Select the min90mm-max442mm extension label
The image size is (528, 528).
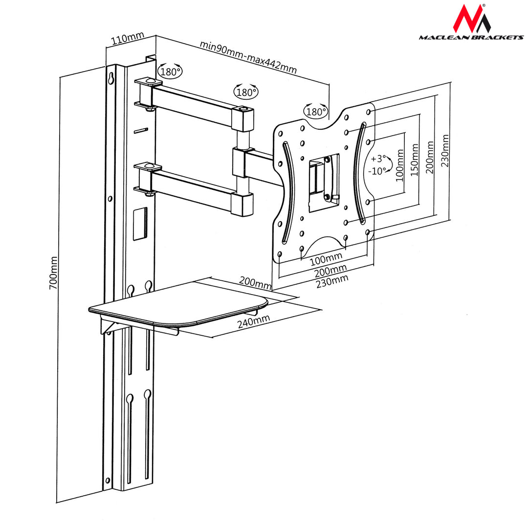click(x=248, y=57)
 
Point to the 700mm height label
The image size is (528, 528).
click(x=54, y=273)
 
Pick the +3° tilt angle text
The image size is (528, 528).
click(x=378, y=159)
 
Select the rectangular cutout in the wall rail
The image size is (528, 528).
click(x=139, y=224)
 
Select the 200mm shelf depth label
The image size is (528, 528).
click(x=255, y=282)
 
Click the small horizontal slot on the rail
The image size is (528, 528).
click(x=141, y=130)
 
